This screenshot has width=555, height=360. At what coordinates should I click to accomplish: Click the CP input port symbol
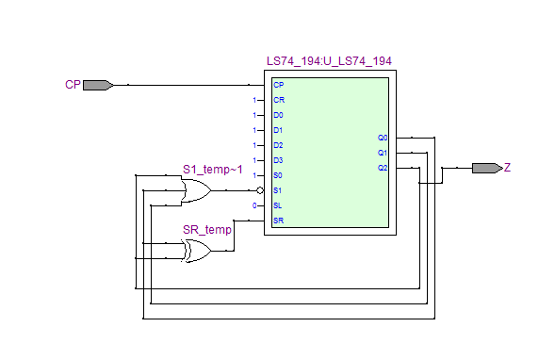(98, 85)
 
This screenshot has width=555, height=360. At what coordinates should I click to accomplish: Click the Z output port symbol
(487, 168)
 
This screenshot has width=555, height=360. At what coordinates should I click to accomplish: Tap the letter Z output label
(507, 168)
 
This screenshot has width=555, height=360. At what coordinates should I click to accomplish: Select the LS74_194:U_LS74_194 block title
(329, 61)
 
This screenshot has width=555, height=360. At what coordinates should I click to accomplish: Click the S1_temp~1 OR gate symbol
(196, 190)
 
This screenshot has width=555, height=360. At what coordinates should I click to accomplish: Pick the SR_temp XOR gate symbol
(196, 251)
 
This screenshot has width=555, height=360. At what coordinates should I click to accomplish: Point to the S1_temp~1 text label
(213, 170)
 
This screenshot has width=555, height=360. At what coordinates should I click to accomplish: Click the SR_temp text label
(207, 230)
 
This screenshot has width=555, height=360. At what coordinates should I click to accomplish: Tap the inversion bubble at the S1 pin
(260, 190)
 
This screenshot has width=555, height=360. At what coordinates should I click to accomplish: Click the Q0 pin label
(383, 138)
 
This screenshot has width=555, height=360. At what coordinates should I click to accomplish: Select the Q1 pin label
(383, 153)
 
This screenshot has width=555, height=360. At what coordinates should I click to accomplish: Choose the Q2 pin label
(383, 168)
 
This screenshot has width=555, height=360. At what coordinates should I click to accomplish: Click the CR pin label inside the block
(279, 100)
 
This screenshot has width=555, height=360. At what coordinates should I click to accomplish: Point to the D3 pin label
(278, 160)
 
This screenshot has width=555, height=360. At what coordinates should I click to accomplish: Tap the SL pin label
(277, 205)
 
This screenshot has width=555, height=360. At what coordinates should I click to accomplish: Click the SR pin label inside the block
(279, 221)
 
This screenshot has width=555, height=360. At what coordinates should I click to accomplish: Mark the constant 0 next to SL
(254, 205)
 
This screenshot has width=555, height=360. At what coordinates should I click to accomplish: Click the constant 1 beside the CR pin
(254, 100)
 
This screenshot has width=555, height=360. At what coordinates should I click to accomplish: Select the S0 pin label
(278, 175)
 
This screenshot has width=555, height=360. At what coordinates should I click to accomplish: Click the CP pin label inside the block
(279, 85)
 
